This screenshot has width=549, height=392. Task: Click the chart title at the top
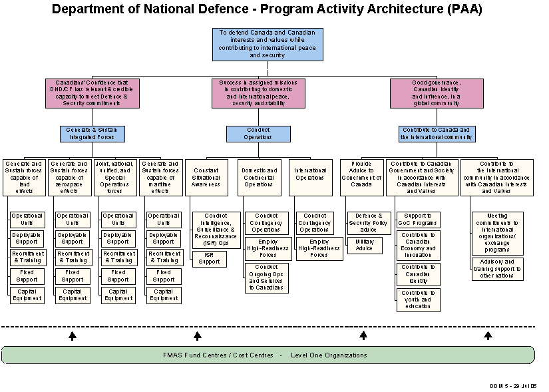(x=267, y=9)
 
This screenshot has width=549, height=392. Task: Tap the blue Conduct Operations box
(x=258, y=134)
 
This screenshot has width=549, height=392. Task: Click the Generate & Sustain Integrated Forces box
(x=92, y=134)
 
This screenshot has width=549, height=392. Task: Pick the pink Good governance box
(x=437, y=93)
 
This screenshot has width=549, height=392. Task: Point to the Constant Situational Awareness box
(x=206, y=177)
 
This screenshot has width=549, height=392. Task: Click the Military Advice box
(x=365, y=246)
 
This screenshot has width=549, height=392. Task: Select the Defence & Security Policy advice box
(x=369, y=223)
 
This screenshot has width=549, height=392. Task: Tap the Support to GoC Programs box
(x=418, y=220)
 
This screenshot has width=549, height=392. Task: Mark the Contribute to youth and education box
(x=418, y=300)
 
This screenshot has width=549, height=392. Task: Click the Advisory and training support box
(x=498, y=270)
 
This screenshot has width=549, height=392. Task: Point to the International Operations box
(x=310, y=177)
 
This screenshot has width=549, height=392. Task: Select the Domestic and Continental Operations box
(x=260, y=177)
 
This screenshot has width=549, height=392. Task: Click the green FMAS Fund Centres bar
(x=268, y=355)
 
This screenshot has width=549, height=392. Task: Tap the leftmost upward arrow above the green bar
(x=73, y=336)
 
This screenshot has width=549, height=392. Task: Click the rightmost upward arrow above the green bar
(x=488, y=336)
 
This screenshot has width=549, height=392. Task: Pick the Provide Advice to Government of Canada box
(x=362, y=177)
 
